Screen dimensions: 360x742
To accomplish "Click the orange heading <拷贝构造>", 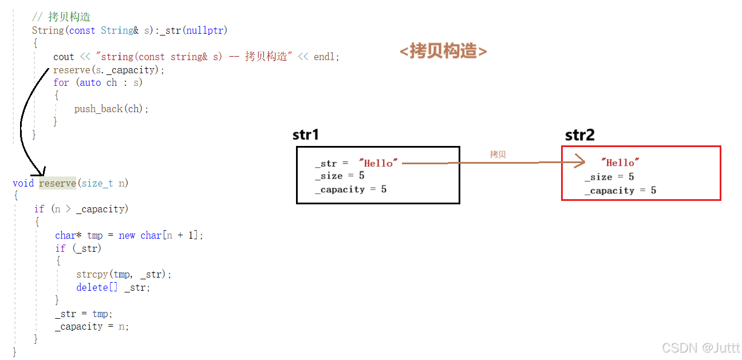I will [443, 52].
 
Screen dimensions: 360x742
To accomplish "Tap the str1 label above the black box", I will [305, 135].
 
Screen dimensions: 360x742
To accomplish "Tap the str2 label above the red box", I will [579, 135].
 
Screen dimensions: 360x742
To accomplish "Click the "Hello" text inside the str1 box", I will [378, 163].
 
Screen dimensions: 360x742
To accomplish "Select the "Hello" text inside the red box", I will [620, 163].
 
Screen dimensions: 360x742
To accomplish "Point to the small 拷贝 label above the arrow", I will [498, 155].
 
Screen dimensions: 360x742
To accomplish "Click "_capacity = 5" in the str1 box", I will [350, 189].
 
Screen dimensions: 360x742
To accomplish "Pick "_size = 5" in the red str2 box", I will [609, 177].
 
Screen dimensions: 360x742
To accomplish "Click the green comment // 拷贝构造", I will [61, 17].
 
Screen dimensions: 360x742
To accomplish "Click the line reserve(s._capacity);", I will [109, 70].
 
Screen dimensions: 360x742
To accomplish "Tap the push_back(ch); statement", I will [111, 109].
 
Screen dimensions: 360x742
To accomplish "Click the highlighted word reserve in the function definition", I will [57, 183].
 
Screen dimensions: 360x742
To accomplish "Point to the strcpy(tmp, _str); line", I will [124, 274].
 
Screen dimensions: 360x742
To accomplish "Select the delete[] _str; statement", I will [113, 287].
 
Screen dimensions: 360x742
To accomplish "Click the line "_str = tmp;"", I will [84, 314].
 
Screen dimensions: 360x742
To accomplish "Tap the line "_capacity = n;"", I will [92, 327].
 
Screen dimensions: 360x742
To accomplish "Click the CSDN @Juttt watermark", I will [700, 347].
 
